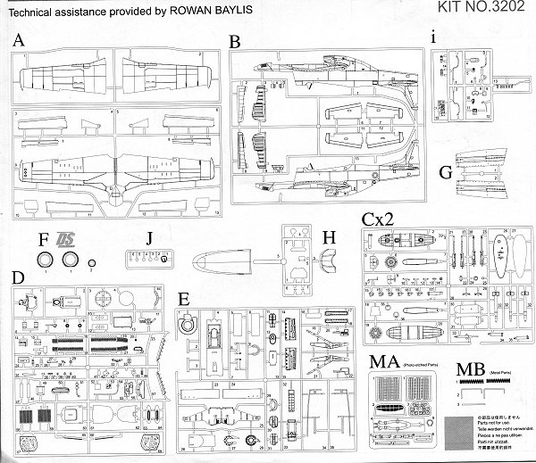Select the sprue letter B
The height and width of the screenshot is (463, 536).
click(x=235, y=42)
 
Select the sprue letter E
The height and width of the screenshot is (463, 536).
click(x=184, y=297)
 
